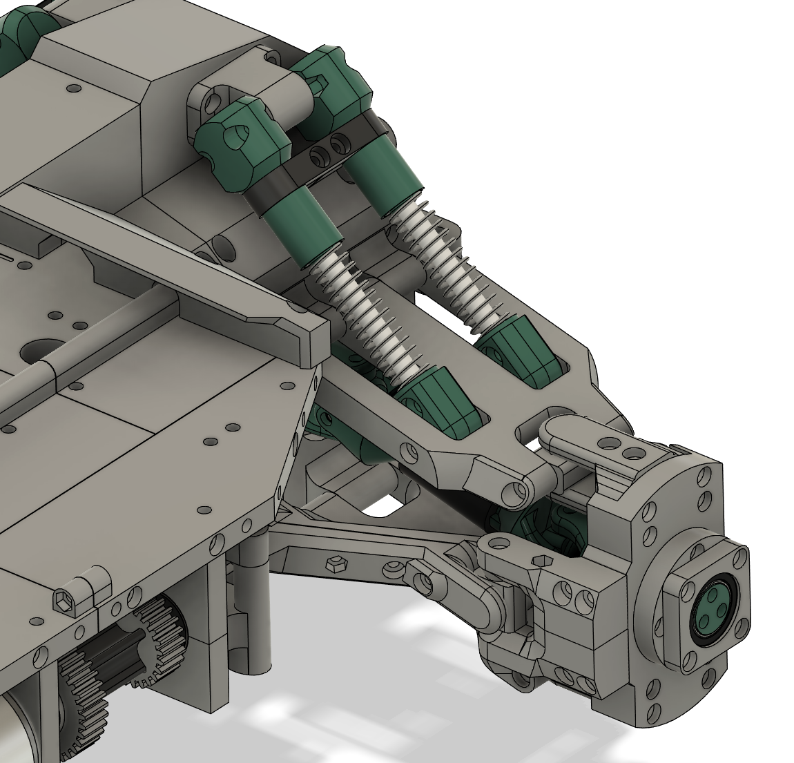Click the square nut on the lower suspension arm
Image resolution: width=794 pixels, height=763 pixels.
[335, 563]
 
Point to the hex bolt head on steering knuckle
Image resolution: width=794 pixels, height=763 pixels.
[541, 560]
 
